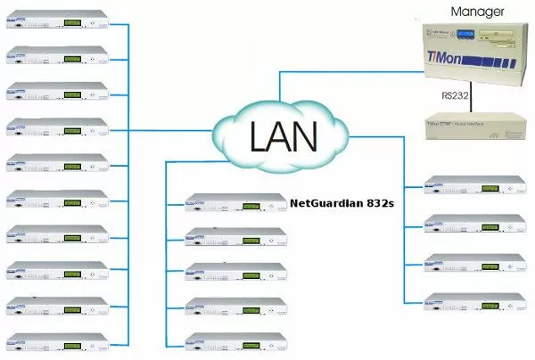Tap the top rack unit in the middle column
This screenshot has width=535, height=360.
[235, 202]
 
